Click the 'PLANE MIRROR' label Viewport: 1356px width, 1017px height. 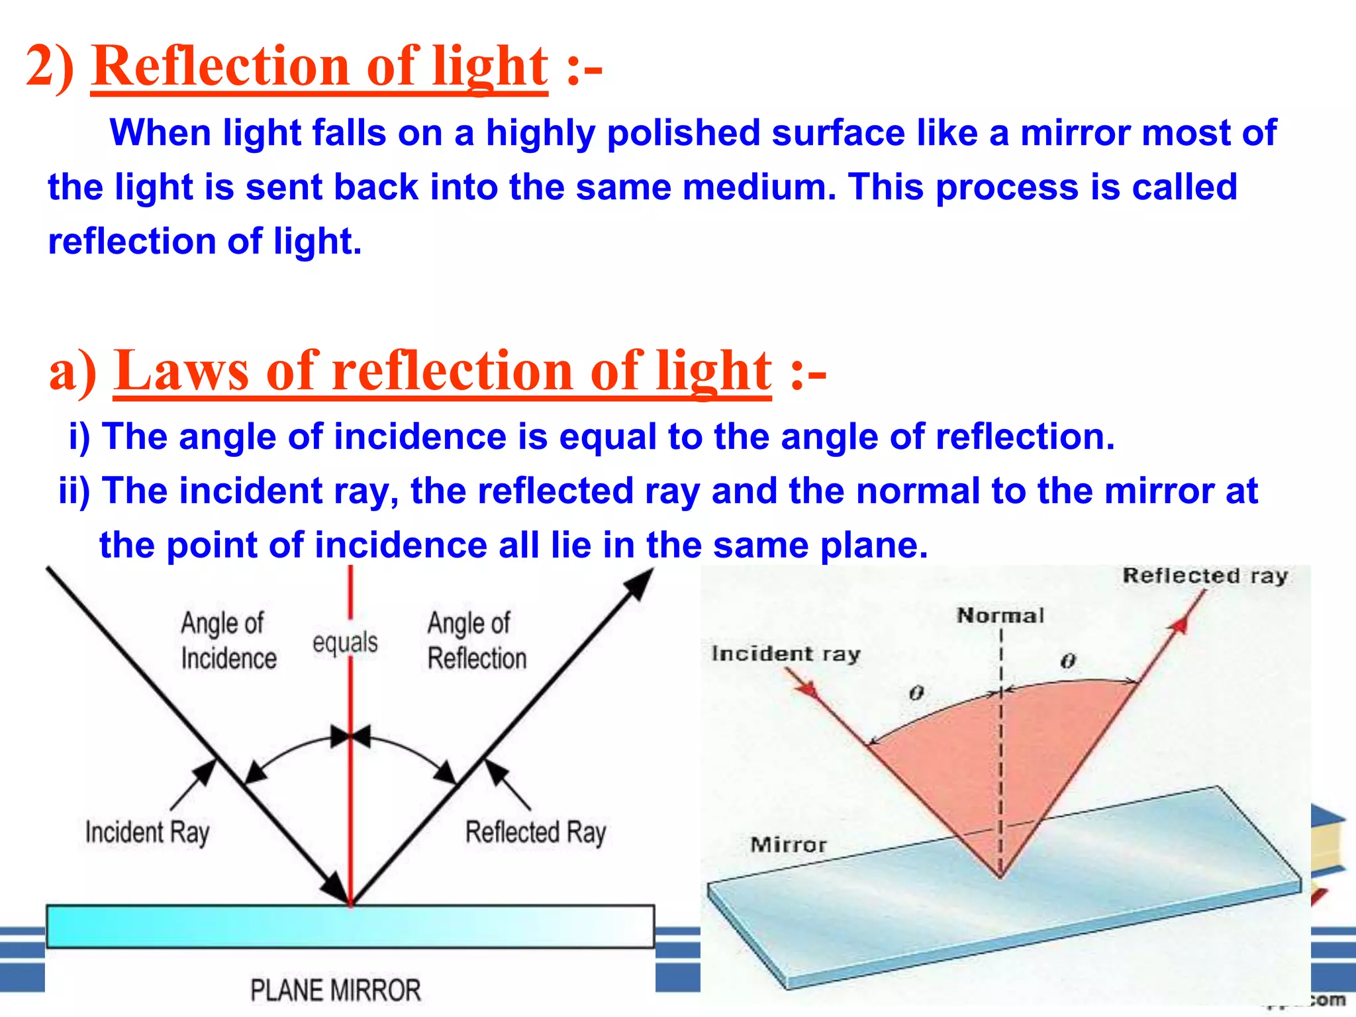tap(335, 991)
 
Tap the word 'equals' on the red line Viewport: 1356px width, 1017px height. tap(345, 642)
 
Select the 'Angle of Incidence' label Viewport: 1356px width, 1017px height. tap(228, 640)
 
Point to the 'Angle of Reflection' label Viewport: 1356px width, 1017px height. tap(476, 640)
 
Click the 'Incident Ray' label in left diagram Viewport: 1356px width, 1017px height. tap(147, 832)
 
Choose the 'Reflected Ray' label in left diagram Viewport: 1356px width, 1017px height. tap(535, 832)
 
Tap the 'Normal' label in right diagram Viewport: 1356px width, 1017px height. tap(1000, 616)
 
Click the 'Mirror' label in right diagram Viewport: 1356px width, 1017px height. tap(788, 845)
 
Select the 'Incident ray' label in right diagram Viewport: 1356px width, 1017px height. tap(785, 654)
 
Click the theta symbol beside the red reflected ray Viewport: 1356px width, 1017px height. tap(1068, 661)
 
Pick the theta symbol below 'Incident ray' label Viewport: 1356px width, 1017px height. tap(916, 693)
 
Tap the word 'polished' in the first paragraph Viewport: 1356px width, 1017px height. tap(683, 133)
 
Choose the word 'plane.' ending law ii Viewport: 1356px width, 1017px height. tap(874, 546)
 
